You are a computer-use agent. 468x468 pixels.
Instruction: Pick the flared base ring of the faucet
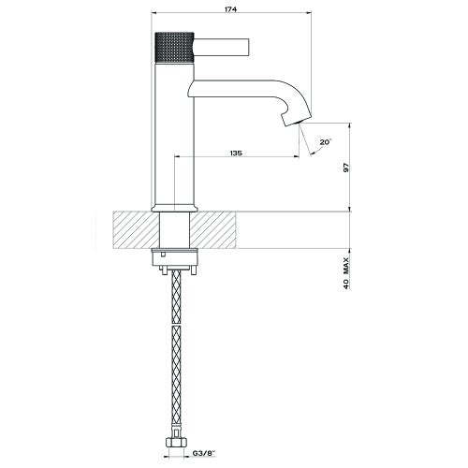pyautogui.click(x=173, y=205)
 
